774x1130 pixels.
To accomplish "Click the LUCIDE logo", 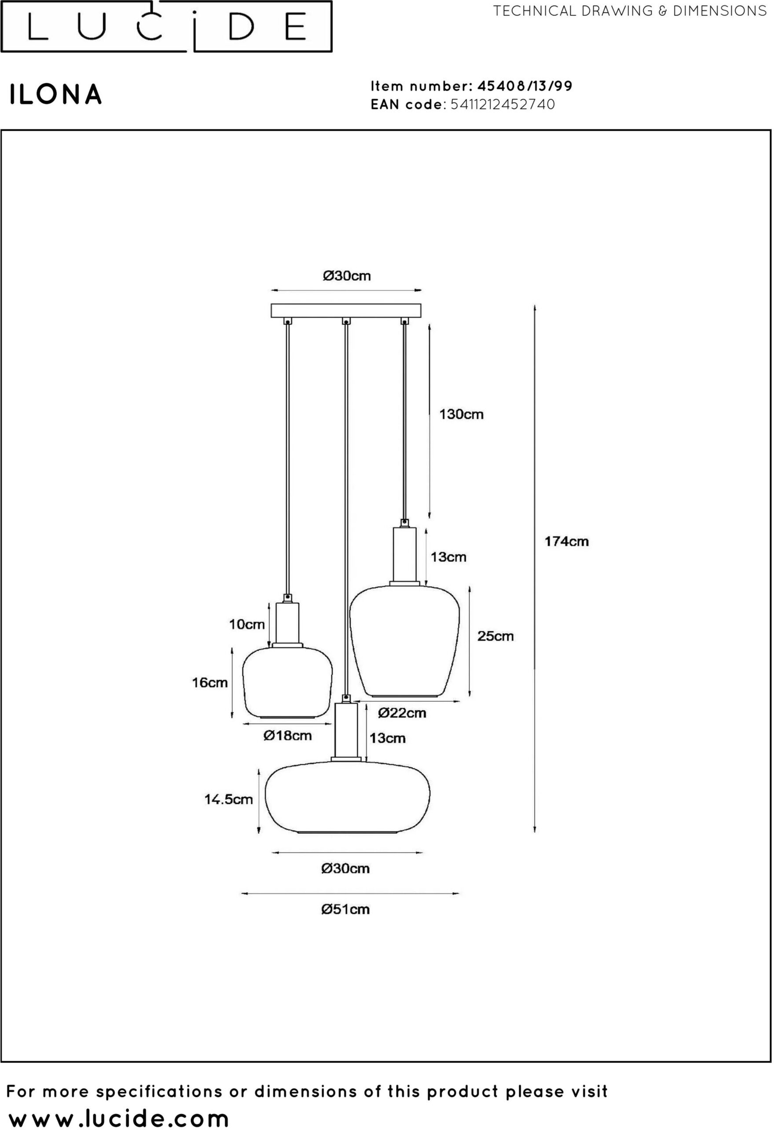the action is coord(166,26).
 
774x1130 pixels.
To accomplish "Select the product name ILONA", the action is coord(56,94).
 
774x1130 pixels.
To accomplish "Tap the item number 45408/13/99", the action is coord(525,86).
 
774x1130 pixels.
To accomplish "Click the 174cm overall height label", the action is coord(566,541).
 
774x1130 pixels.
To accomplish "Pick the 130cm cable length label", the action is coord(462,414).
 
